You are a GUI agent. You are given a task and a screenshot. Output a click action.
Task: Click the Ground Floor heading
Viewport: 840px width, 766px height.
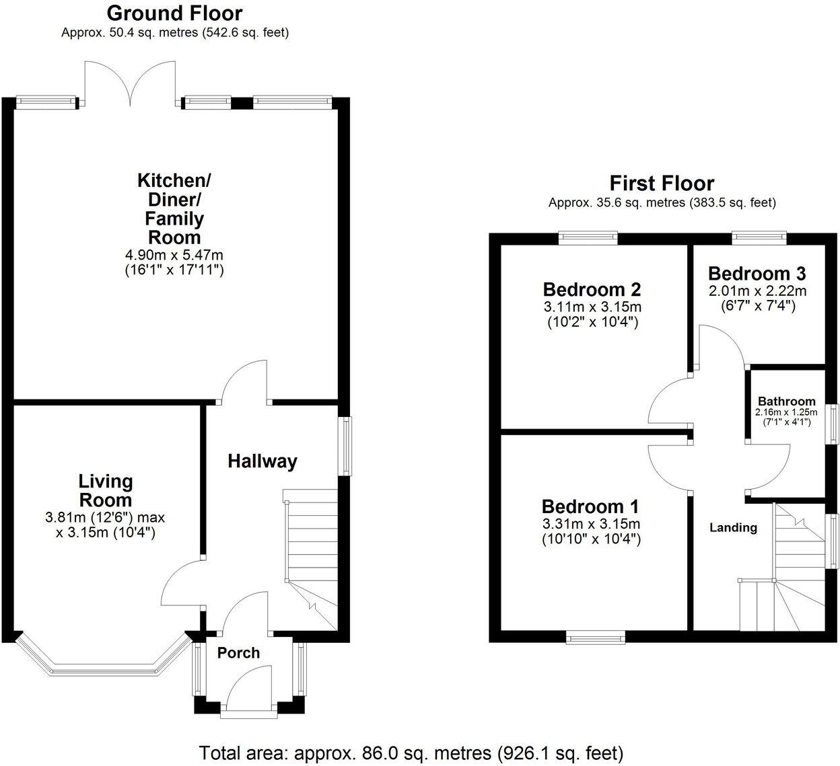(x=174, y=13)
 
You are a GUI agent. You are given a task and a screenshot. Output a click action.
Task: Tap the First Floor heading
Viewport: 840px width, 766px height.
(x=661, y=183)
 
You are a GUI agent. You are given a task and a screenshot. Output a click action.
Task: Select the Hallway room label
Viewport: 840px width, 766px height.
(x=262, y=461)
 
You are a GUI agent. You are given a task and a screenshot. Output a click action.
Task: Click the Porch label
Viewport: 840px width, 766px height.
(x=238, y=653)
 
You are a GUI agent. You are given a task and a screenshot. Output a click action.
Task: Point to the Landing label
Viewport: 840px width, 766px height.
(x=733, y=528)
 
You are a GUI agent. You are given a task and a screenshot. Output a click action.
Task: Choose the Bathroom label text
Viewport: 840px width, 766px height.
(x=786, y=401)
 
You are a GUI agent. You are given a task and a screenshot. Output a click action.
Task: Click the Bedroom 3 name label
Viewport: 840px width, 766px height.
(x=757, y=274)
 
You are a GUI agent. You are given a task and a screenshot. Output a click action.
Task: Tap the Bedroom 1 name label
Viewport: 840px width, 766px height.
(x=590, y=506)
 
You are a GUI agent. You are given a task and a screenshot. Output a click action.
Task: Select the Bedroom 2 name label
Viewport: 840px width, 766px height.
(x=592, y=290)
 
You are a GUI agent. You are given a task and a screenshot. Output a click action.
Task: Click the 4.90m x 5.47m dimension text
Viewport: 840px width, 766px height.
(x=174, y=256)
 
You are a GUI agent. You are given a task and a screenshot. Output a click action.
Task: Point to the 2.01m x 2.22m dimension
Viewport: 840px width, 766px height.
(x=757, y=291)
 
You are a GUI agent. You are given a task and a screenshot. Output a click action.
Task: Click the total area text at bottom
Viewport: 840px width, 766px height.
(x=411, y=752)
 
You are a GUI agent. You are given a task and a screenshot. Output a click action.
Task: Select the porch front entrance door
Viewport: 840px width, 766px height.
(x=248, y=699)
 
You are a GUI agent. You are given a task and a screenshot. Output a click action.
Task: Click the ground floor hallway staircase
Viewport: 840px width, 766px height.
(x=310, y=551)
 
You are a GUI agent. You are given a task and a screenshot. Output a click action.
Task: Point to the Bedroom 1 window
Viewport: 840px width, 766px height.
(x=595, y=637)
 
